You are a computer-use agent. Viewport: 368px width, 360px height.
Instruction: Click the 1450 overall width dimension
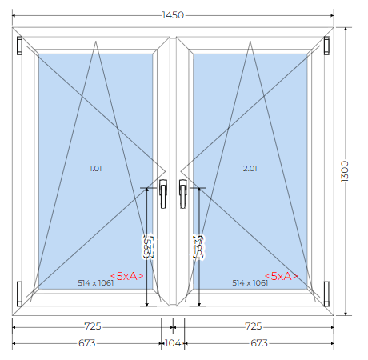173,15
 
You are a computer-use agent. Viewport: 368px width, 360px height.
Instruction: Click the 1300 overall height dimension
345,171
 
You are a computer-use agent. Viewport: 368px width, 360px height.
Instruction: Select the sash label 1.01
95,169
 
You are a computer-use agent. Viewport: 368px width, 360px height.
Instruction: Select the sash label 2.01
250,169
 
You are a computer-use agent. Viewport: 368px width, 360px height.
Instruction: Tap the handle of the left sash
163,194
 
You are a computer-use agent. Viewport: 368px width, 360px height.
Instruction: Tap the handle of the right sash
182,194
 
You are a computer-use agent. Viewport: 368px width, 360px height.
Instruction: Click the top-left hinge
19,46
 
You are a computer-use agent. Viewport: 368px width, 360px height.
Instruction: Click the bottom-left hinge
19,294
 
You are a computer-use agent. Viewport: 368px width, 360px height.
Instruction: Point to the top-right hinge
326,46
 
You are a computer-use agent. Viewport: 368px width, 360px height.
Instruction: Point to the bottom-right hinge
326,294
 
